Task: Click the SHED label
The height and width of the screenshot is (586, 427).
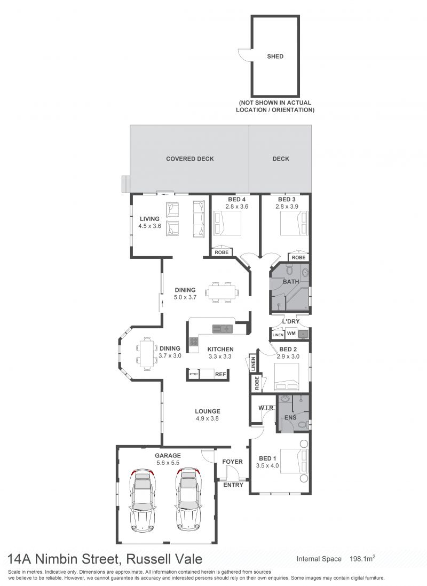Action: [275, 57]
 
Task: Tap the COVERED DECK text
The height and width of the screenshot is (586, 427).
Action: [190, 159]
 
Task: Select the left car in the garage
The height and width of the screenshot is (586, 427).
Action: [143, 500]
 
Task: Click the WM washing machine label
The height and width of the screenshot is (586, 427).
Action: [291, 333]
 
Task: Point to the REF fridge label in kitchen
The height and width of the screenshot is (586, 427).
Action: [220, 374]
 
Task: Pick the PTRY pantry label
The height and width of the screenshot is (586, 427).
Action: [193, 374]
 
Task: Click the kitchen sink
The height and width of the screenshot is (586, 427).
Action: [223, 329]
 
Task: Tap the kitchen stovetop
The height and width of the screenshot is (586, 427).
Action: [194, 342]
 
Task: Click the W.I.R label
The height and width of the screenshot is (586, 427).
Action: [266, 408]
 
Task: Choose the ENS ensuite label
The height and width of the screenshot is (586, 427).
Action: [290, 417]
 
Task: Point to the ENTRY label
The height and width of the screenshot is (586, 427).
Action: [233, 485]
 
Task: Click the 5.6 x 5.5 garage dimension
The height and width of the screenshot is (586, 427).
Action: [168, 463]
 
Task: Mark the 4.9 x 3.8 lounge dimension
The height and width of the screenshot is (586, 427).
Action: [207, 418]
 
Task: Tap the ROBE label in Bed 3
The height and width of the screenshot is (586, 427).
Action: [298, 257]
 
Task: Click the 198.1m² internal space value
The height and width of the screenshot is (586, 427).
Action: [362, 559]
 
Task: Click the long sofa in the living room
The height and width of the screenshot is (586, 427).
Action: [199, 219]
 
